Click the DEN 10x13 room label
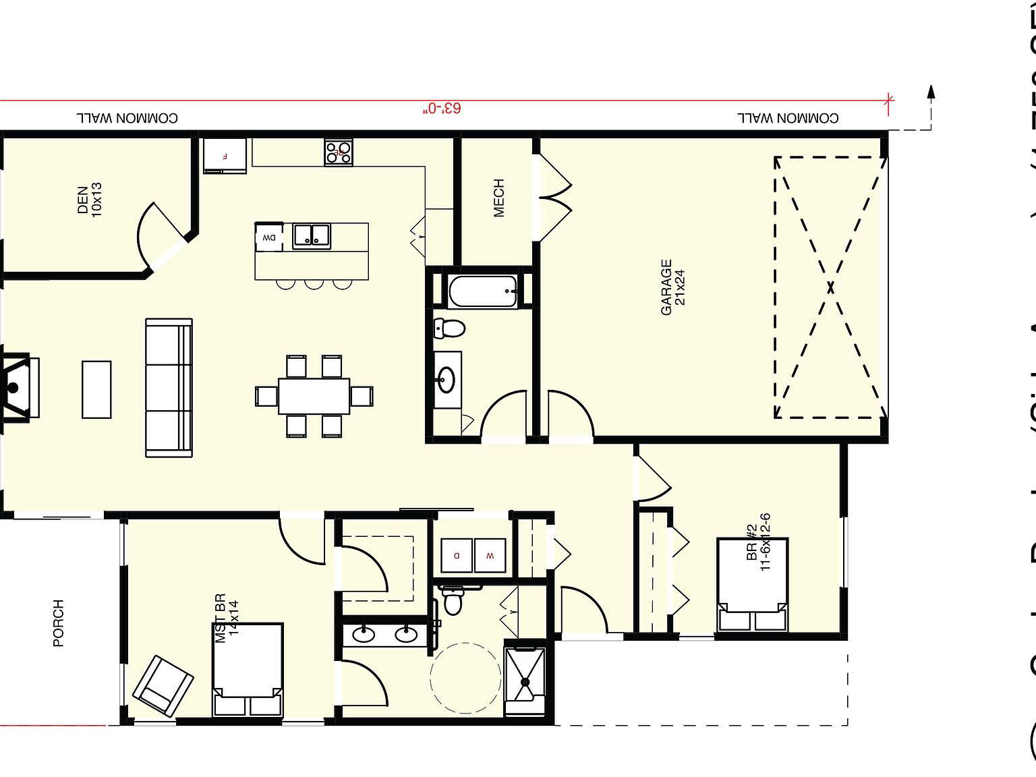tap(89, 199)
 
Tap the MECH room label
tap(498, 198)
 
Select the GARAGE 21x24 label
tap(673, 287)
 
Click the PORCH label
tap(59, 623)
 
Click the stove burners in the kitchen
tap(339, 152)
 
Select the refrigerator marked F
tap(225, 156)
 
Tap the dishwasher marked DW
tap(269, 237)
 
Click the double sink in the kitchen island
tap(311, 235)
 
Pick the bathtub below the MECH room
tap(483, 291)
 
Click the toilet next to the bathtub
tap(449, 328)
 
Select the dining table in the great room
tap(314, 396)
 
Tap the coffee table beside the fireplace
tap(96, 389)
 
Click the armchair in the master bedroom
tap(163, 685)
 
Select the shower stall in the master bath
tap(525, 681)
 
